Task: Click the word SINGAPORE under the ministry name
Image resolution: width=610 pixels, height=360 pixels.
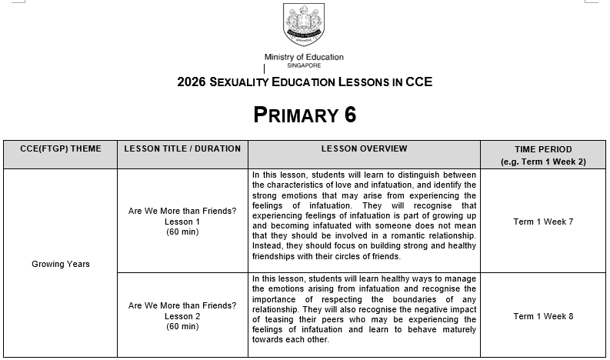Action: [x=304, y=65]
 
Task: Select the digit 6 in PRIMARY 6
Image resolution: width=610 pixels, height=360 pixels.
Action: [x=350, y=115]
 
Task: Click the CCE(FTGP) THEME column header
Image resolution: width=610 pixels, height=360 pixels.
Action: [x=61, y=148]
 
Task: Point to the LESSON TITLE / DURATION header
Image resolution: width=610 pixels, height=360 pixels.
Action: [x=182, y=148]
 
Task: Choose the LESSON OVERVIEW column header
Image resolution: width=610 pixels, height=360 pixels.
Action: [x=364, y=148]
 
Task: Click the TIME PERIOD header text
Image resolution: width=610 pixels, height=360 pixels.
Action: [x=543, y=149]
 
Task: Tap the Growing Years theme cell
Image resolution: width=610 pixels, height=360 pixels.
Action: [x=61, y=264]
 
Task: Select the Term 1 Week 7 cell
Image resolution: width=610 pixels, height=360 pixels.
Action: [x=543, y=222]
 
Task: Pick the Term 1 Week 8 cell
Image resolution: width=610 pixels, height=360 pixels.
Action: [x=543, y=316]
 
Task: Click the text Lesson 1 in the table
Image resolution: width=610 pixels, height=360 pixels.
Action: [x=182, y=222]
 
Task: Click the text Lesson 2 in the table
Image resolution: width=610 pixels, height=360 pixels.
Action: [x=182, y=316]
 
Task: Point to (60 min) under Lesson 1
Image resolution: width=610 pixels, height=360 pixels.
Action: [x=182, y=232]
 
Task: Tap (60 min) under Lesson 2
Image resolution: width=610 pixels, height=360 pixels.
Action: [x=182, y=326]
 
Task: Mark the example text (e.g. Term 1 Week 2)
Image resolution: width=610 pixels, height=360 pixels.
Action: [x=543, y=162]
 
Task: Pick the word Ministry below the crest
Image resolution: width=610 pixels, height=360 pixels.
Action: [x=280, y=57]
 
